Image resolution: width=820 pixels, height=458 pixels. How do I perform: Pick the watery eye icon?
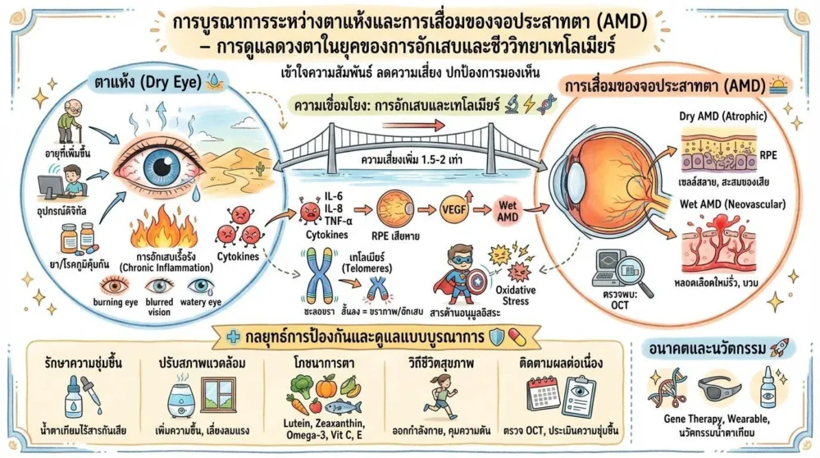click(x=203, y=288)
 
